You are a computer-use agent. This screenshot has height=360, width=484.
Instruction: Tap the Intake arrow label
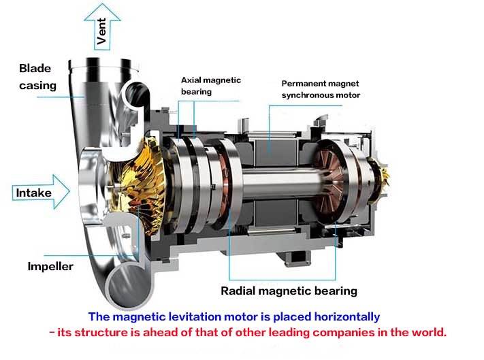34,193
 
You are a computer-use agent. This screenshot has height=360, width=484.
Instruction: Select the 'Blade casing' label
37,77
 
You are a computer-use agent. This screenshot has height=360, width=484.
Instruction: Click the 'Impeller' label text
50,266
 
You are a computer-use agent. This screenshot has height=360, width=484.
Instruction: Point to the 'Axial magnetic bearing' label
210,86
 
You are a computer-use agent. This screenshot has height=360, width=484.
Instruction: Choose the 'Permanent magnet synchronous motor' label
321,89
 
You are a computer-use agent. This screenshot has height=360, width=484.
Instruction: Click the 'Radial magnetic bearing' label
289,291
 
